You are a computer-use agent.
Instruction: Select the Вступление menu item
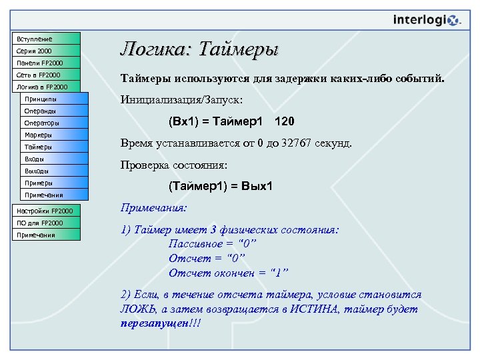point(45,39)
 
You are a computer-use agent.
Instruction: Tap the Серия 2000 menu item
point(45,51)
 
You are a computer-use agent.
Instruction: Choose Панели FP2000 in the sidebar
point(45,63)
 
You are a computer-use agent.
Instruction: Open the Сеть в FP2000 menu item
point(45,75)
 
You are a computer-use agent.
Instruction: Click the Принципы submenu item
point(53,99)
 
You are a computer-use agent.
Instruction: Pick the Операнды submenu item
point(53,111)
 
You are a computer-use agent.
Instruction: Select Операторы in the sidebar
point(53,123)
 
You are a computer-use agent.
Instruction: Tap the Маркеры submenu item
point(53,135)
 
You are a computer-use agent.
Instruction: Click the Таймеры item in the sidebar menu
point(53,147)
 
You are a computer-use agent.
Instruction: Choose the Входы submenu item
point(53,159)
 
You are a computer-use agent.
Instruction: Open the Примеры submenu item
point(53,183)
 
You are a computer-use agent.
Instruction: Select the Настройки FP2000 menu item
point(45,211)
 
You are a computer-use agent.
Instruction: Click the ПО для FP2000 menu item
point(45,223)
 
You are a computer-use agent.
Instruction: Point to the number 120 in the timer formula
point(284,123)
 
